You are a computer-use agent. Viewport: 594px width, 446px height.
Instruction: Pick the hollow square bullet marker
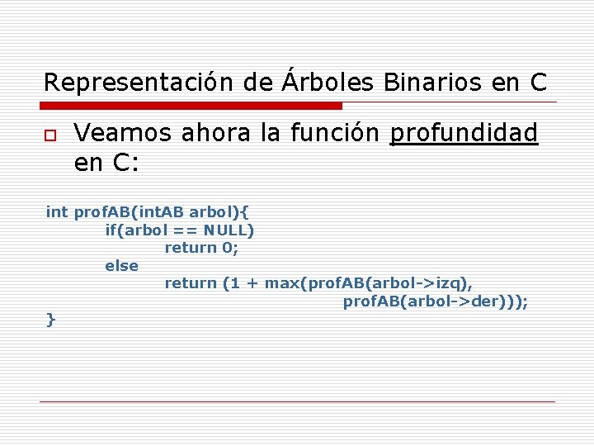(x=50, y=135)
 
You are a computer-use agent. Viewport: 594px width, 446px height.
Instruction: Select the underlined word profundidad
(x=464, y=133)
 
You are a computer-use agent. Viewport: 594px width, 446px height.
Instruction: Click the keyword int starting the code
(x=57, y=212)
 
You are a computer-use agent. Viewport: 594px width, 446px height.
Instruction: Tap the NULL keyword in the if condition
(x=229, y=230)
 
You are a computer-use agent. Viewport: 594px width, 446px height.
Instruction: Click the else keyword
(x=122, y=266)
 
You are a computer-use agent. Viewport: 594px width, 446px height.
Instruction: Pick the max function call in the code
(x=282, y=283)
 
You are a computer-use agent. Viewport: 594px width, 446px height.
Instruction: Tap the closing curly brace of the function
(x=51, y=319)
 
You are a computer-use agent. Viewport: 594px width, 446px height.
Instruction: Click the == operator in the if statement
(x=186, y=230)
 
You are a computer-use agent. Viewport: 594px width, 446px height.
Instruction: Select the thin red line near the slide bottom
(x=297, y=402)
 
